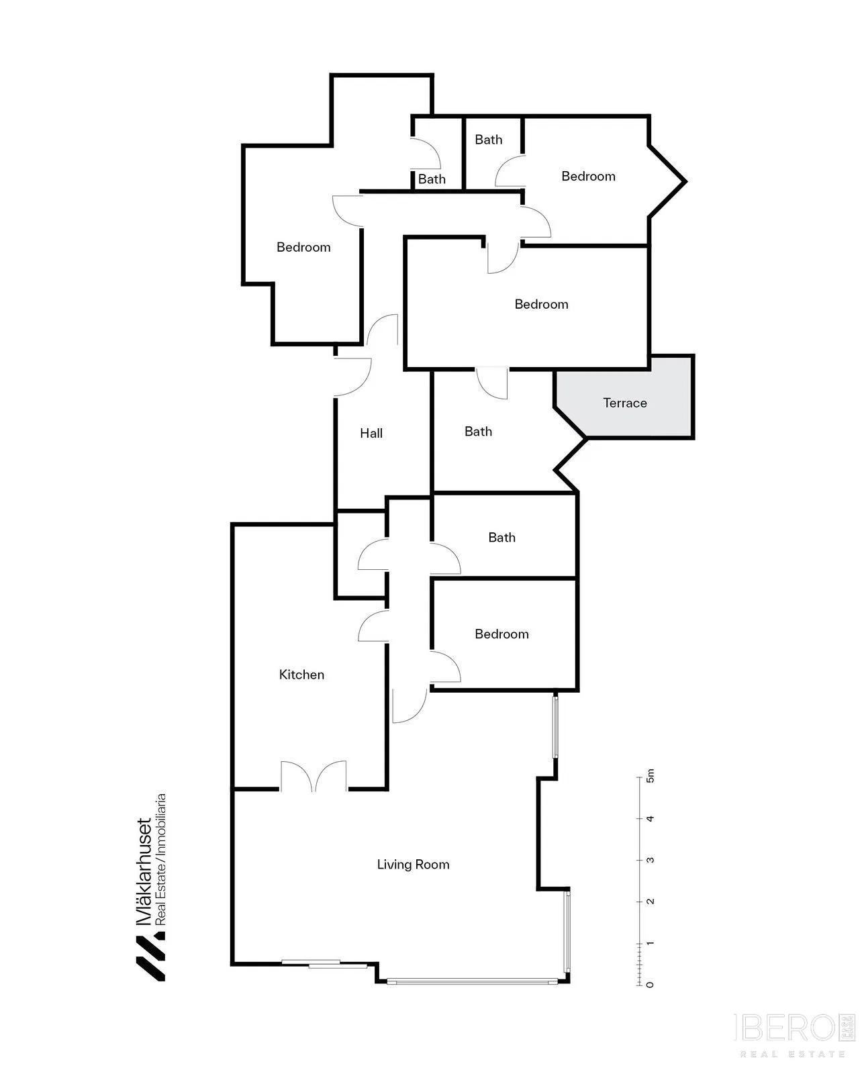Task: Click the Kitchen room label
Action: (x=301, y=675)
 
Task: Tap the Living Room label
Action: (x=414, y=865)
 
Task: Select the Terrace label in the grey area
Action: (x=625, y=403)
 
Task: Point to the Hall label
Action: (x=371, y=433)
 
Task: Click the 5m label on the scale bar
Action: (x=650, y=776)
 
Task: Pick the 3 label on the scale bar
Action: (x=650, y=861)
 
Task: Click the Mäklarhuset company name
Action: (x=144, y=872)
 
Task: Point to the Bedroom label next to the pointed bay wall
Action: (x=589, y=176)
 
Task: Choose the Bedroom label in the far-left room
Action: (x=303, y=247)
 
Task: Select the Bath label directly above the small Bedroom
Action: (x=501, y=538)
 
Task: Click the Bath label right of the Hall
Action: (x=478, y=431)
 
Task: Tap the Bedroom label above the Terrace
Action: (x=542, y=305)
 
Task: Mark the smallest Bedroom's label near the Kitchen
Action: (x=501, y=634)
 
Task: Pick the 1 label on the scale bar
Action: (x=650, y=943)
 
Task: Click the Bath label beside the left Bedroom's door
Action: (x=432, y=179)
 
